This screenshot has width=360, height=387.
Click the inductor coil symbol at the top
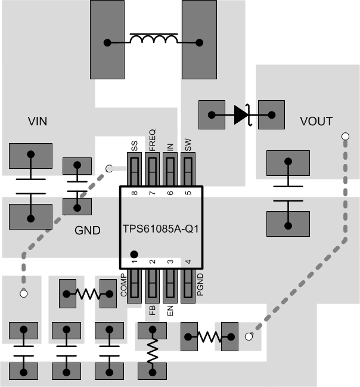pyautogui.click(x=153, y=40)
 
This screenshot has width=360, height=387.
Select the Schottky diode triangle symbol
pyautogui.click(x=241, y=114)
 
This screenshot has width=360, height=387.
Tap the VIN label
pyautogui.click(x=38, y=122)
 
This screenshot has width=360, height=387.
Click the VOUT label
pyautogui.click(x=316, y=122)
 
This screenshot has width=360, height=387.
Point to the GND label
pyautogui.click(x=88, y=230)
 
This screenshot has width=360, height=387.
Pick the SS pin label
pyautogui.click(x=134, y=145)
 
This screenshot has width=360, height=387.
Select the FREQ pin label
pyautogui.click(x=152, y=140)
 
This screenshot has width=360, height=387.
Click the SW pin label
pyautogui.click(x=188, y=145)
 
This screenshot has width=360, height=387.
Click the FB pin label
pyautogui.click(x=152, y=311)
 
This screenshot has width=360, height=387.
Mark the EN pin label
pyautogui.click(x=170, y=310)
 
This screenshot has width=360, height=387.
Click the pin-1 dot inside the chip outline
pyautogui.click(x=134, y=254)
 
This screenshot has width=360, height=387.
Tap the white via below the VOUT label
pyautogui.click(x=344, y=137)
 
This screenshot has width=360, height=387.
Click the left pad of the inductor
pyautogui.click(x=107, y=42)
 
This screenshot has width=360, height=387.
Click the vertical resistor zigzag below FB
pyautogui.click(x=152, y=351)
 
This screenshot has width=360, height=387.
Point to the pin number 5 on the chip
pyautogui.click(x=188, y=193)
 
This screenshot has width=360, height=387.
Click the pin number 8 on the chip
pyautogui.click(x=134, y=193)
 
